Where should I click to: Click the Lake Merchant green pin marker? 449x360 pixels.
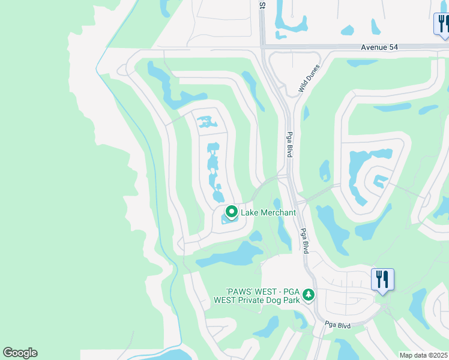click(x=231, y=212)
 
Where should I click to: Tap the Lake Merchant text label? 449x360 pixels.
click(x=268, y=212)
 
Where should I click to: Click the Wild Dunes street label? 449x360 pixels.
click(x=310, y=79)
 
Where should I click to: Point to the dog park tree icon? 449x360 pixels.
click(x=309, y=295)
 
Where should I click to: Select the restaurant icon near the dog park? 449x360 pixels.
click(x=382, y=279)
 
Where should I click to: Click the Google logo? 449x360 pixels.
click(x=20, y=353)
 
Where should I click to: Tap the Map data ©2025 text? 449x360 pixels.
click(x=423, y=355)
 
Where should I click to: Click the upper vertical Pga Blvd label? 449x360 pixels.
click(x=289, y=145)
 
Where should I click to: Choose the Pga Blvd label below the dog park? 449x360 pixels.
click(x=337, y=325)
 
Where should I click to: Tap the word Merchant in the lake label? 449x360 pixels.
click(x=278, y=212)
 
